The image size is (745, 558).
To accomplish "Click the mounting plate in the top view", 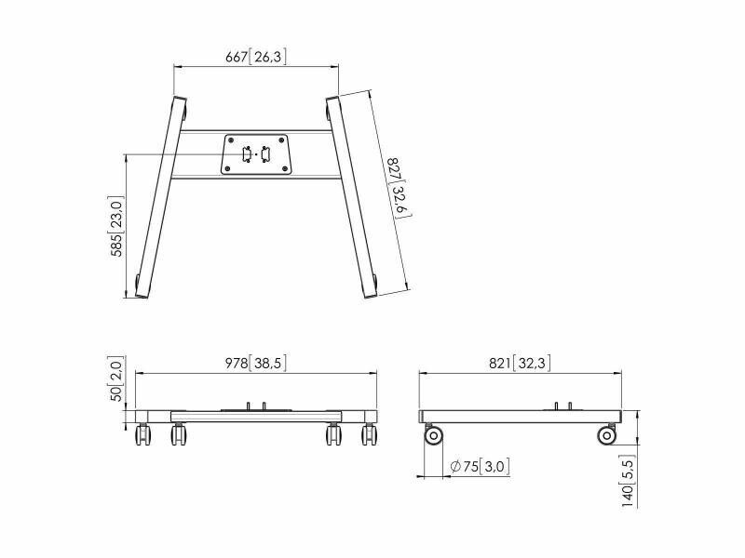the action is point(255,154).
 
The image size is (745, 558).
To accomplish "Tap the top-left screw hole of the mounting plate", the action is point(231,140).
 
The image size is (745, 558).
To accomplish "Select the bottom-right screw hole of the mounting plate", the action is point(285,168).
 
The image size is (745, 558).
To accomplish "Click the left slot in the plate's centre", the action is point(247,154).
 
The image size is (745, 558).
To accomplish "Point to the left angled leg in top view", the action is point(160,198).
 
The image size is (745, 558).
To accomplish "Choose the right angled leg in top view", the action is point(352,198).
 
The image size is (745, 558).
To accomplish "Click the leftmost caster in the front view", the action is point(142,434).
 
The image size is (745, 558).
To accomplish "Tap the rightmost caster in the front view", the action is point(369,434).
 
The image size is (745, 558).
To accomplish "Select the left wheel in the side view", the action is point(433,435).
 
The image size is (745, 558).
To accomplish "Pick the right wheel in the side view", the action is point(606,435).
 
